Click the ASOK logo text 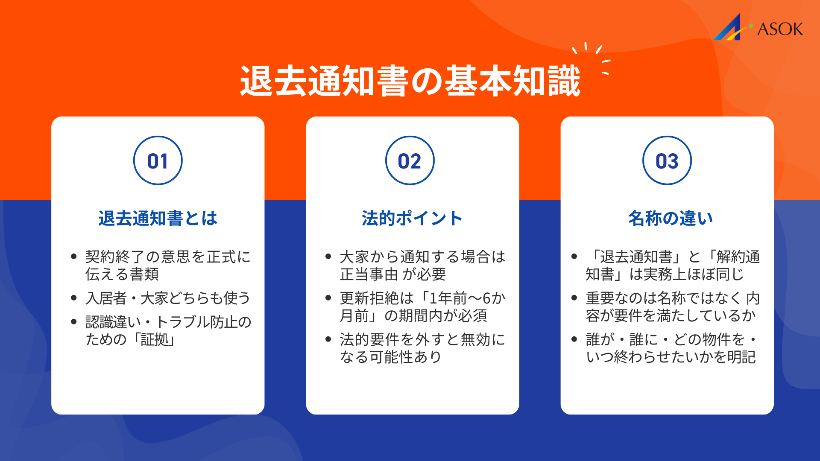click(x=780, y=29)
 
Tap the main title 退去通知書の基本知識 click(x=410, y=81)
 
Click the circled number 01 click(x=158, y=161)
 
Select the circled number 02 click(x=410, y=161)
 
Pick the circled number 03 click(x=667, y=161)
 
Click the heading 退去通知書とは click(x=158, y=218)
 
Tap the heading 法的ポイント click(x=412, y=218)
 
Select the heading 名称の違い click(x=671, y=218)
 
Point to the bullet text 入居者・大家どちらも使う click(x=168, y=298)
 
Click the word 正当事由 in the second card click(x=369, y=274)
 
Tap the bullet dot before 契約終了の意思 click(x=74, y=257)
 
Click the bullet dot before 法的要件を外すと click(x=328, y=339)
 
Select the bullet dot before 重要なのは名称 click(x=574, y=298)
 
